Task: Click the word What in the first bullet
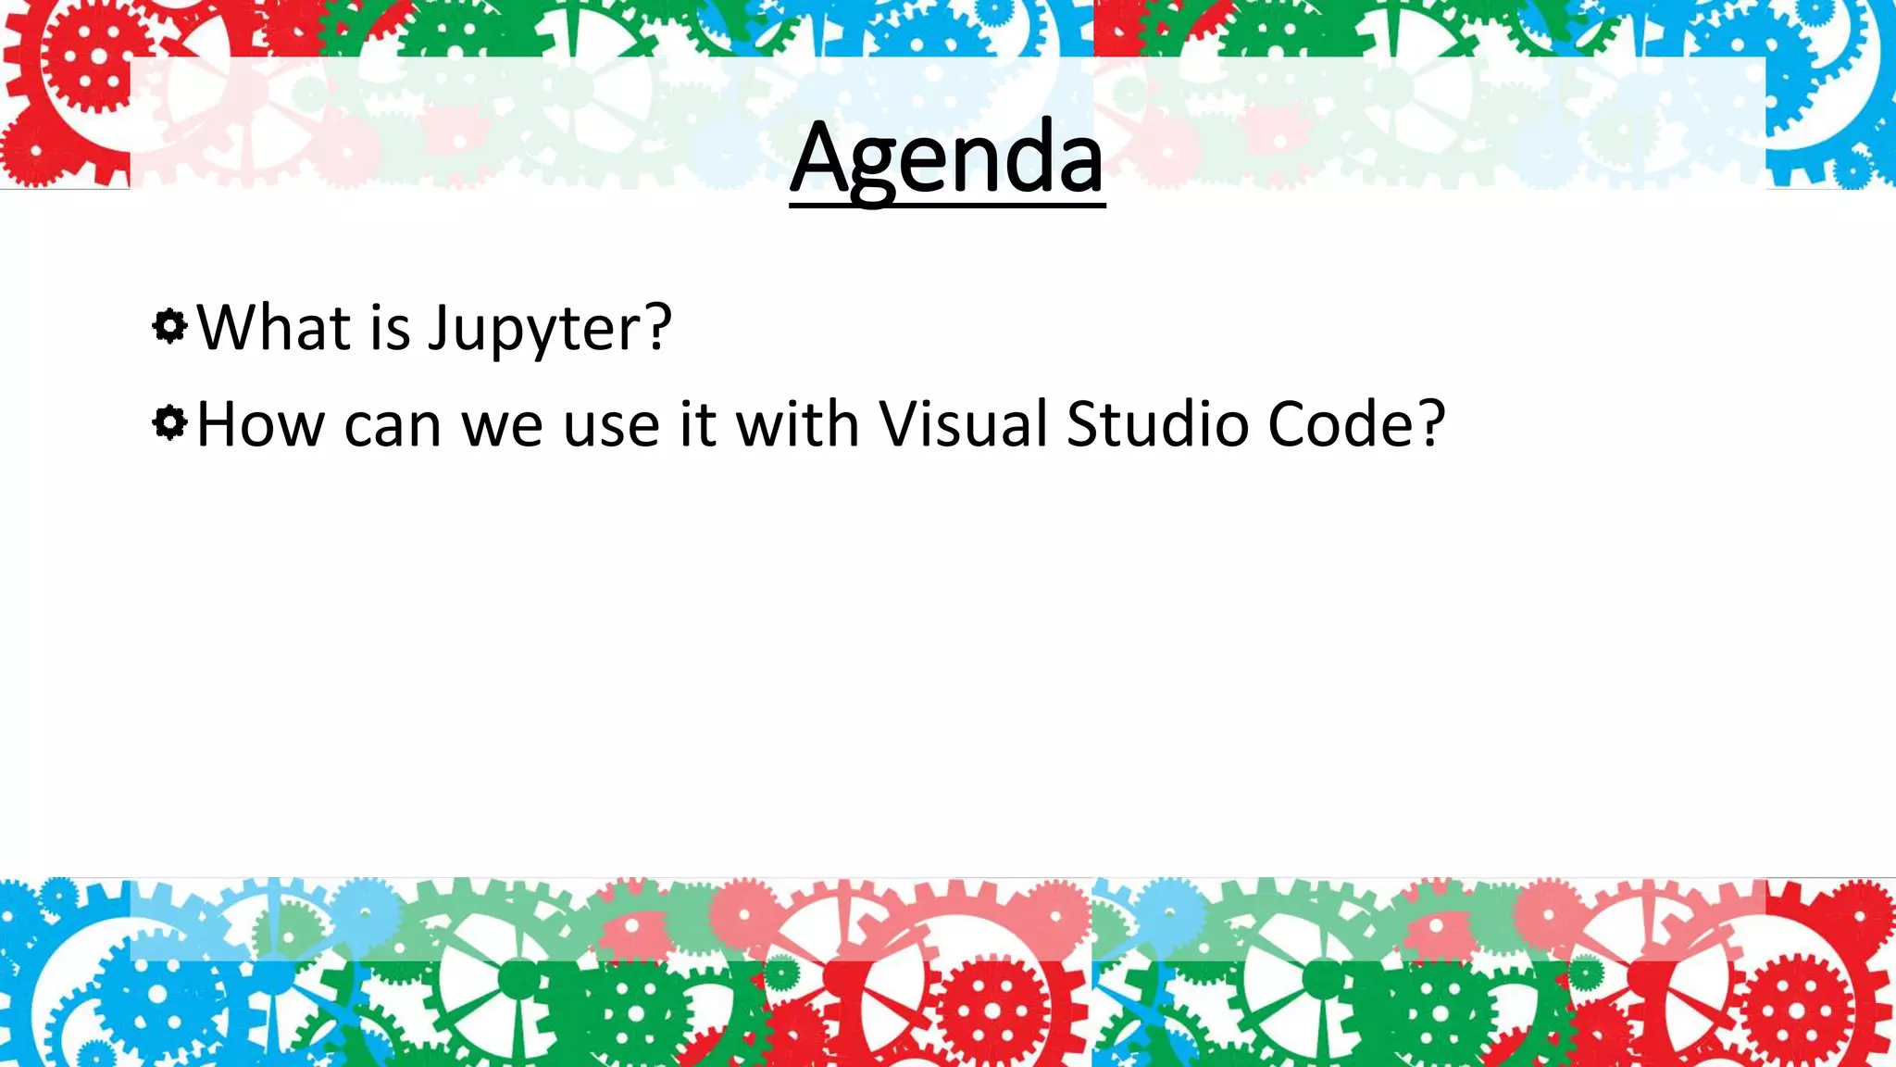[x=274, y=328]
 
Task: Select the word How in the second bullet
[x=260, y=425]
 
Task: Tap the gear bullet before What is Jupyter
[x=169, y=326]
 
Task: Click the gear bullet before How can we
[x=169, y=423]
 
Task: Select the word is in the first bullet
[x=390, y=328]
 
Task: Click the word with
[x=797, y=425]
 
